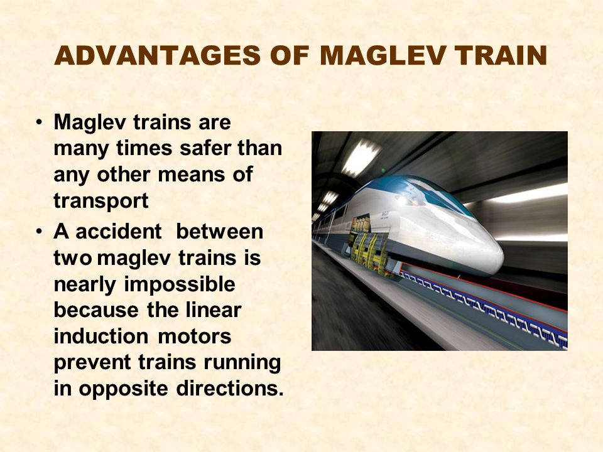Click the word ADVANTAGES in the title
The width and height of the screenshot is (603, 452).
click(x=158, y=55)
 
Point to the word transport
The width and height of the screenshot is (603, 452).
click(x=100, y=201)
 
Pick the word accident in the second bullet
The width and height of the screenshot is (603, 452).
click(x=119, y=232)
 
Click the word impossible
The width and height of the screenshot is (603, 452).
click(x=180, y=285)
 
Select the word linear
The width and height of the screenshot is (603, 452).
click(x=213, y=309)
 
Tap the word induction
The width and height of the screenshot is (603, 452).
click(x=100, y=336)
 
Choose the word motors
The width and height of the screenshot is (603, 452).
click(x=194, y=336)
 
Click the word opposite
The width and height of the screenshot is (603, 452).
click(x=124, y=389)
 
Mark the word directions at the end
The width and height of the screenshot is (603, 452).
click(x=230, y=388)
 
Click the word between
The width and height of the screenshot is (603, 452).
click(x=219, y=232)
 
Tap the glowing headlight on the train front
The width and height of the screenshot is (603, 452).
click(x=403, y=200)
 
